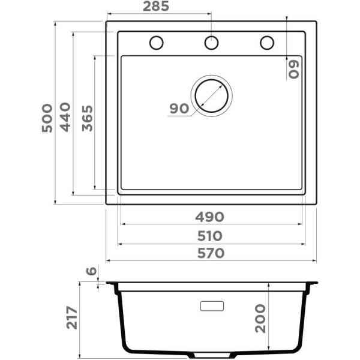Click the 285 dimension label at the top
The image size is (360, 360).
(x=155, y=7)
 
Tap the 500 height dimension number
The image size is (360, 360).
(x=47, y=118)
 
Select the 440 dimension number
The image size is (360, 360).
(x=65, y=117)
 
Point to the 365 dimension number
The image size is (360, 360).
(x=88, y=118)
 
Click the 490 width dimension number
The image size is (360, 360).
(x=209, y=217)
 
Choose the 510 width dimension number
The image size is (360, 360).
(x=210, y=236)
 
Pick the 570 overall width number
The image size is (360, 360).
(x=211, y=253)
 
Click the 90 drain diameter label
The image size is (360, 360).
(x=179, y=109)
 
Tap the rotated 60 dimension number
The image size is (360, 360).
(x=293, y=70)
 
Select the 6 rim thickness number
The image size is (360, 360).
(x=91, y=271)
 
